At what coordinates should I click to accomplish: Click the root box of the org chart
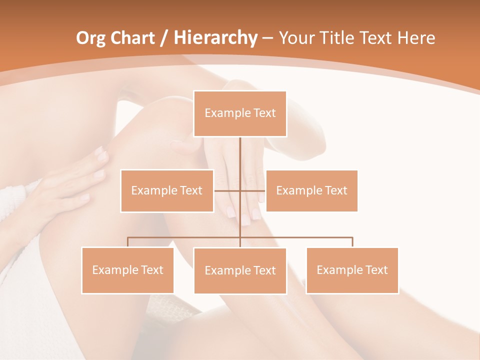coord(240,113)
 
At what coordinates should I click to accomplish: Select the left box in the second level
coord(167,190)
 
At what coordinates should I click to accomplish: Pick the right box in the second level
coord(311,190)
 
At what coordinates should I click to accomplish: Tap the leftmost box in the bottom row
coord(127,270)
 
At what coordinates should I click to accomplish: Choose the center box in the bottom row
coord(240,270)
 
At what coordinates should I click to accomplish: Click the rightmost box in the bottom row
coord(352,270)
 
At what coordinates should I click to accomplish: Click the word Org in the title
coord(91,38)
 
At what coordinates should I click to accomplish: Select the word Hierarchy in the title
coord(215,38)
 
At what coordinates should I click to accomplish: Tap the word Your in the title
coord(298,38)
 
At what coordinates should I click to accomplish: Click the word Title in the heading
coord(340,38)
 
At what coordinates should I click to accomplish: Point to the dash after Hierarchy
coord(268,38)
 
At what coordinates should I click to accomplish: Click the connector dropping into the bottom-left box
coord(127,242)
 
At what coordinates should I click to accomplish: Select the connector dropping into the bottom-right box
coord(352,242)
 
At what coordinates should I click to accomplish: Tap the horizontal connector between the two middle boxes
coord(227,190)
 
